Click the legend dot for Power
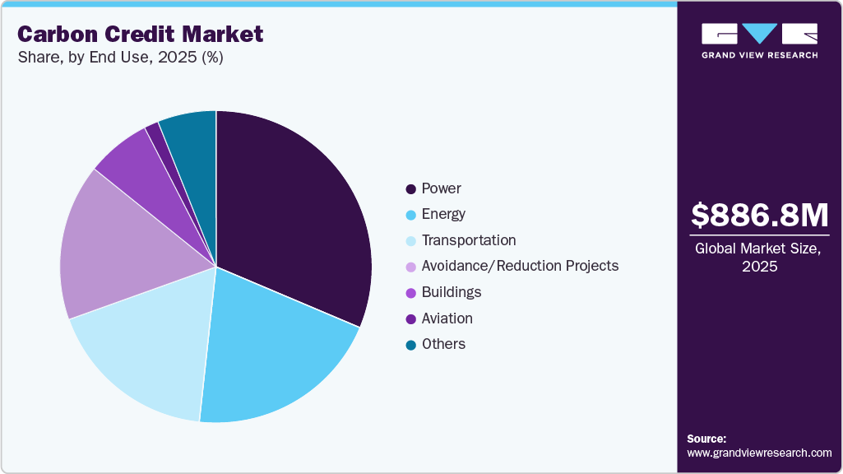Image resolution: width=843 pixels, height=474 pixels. pyautogui.click(x=410, y=188)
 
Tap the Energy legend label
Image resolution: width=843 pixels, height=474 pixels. pyautogui.click(x=443, y=214)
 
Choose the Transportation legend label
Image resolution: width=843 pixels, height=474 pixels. pyautogui.click(x=469, y=240)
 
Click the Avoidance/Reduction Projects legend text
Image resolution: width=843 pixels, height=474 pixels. pyautogui.click(x=520, y=266)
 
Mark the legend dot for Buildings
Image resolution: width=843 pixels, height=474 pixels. pyautogui.click(x=410, y=293)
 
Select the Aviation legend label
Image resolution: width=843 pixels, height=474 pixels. pyautogui.click(x=447, y=318)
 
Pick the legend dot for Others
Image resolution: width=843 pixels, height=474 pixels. pyautogui.click(x=410, y=345)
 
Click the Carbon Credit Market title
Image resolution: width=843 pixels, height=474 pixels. pyautogui.click(x=140, y=34)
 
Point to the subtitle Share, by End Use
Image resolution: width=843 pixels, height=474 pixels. pyautogui.click(x=120, y=58)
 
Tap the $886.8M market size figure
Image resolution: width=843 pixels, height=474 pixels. pyautogui.click(x=759, y=215)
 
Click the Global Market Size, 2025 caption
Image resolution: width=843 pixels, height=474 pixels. pyautogui.click(x=759, y=258)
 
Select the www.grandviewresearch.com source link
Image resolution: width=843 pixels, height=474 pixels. pyautogui.click(x=759, y=453)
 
